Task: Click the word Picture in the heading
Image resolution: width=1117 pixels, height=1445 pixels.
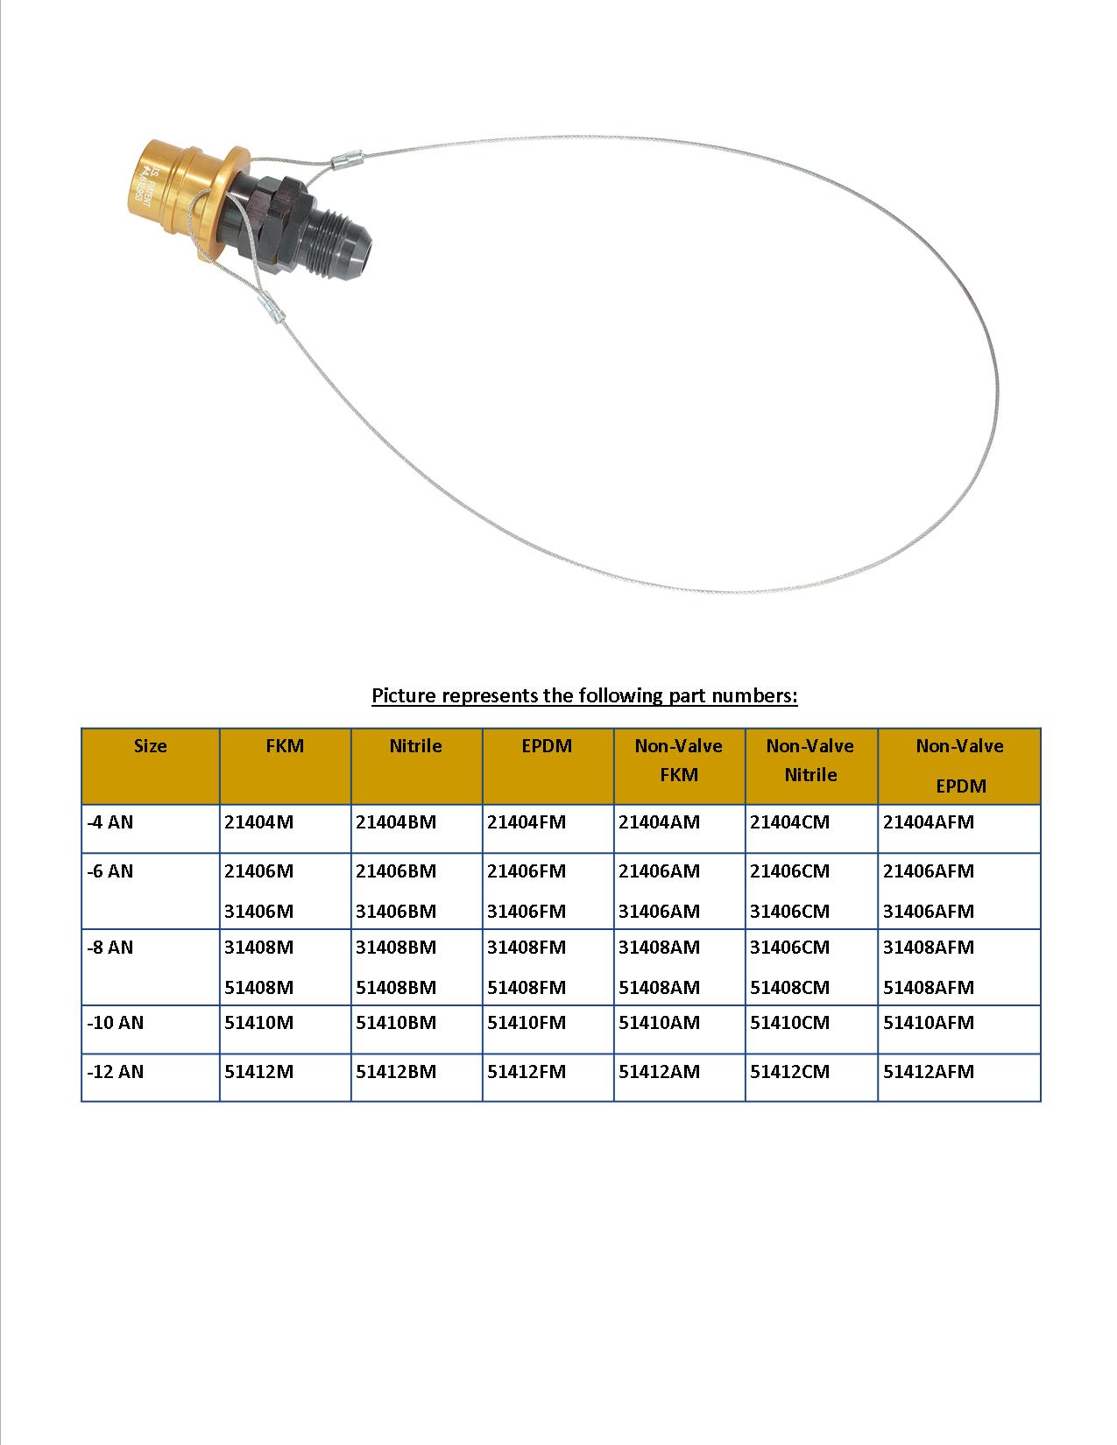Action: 404,695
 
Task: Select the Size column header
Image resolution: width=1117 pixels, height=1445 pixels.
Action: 150,746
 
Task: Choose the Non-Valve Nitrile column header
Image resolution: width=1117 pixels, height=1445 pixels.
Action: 810,760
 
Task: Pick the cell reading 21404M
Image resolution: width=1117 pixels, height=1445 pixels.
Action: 258,822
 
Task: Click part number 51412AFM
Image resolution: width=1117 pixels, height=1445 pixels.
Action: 928,1071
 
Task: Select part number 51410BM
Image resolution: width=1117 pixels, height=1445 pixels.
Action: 395,1022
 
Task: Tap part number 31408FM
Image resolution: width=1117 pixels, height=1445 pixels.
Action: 527,947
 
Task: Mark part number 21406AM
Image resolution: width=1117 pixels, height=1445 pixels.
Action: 659,871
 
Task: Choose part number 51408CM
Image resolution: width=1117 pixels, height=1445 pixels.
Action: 789,987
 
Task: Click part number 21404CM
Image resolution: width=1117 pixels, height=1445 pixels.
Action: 789,822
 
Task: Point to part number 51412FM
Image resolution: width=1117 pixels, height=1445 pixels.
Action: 527,1071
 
